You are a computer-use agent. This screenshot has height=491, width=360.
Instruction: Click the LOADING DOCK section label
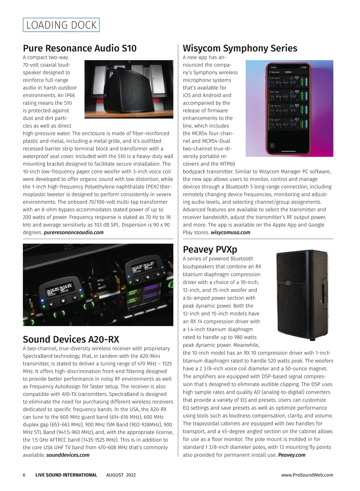coord(61,25)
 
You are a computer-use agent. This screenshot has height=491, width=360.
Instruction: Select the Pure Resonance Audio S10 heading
coord(80,48)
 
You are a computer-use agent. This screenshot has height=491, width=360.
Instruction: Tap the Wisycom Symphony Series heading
coord(240,48)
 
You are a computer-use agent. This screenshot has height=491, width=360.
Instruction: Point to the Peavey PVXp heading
coord(210,249)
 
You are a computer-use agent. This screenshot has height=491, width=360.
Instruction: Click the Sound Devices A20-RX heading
coord(71,339)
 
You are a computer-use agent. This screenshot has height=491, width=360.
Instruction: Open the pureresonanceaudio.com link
coord(73,232)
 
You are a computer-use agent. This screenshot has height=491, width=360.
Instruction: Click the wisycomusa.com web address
coord(230,232)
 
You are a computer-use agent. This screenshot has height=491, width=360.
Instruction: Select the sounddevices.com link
coord(68,455)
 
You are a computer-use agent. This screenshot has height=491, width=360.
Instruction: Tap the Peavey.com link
coord(292,455)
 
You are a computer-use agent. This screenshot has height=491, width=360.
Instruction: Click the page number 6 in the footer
coord(24,475)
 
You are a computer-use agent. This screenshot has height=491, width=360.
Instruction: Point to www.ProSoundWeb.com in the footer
coord(307,475)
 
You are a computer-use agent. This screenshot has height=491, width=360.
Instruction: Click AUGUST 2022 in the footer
coord(121,475)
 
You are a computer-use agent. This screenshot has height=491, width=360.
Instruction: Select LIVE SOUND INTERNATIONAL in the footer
coord(66,475)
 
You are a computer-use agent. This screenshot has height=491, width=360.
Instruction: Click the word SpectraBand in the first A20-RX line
coord(37,356)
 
